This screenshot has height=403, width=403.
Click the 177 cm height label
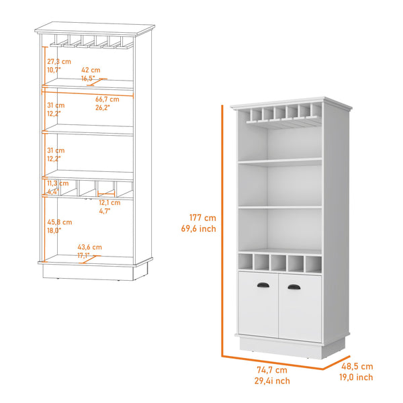(202, 218)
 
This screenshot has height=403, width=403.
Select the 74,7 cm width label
(272, 370)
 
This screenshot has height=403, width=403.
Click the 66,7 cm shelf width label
(107, 99)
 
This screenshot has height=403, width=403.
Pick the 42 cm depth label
(91, 70)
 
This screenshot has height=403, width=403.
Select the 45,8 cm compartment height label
(59, 222)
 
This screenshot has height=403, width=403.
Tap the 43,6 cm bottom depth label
(89, 247)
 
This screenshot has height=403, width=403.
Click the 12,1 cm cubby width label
(109, 202)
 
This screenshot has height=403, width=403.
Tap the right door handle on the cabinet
(294, 287)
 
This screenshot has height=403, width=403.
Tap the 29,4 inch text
(272, 381)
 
